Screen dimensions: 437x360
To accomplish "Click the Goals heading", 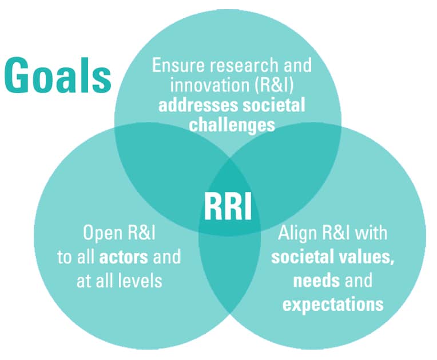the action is pyautogui.click(x=58, y=75).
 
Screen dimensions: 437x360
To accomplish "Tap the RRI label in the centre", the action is pyautogui.click(x=228, y=206).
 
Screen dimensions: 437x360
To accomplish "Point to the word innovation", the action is pyautogui.click(x=209, y=85).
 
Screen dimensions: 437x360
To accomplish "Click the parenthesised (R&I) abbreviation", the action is pyautogui.click(x=274, y=85).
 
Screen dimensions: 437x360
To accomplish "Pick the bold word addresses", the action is pyautogui.click(x=198, y=106).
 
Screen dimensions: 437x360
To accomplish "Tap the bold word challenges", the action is pyautogui.click(x=232, y=125).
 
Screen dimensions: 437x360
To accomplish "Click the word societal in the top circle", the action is pyautogui.click(x=274, y=106).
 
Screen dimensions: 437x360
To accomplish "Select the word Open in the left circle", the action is pyautogui.click(x=102, y=233).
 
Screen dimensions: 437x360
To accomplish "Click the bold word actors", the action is pyautogui.click(x=124, y=257).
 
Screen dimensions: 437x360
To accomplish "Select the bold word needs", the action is pyautogui.click(x=316, y=281).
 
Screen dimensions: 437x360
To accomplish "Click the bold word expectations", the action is pyautogui.click(x=333, y=305).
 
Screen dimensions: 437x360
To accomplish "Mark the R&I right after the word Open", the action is pyautogui.click(x=141, y=233).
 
